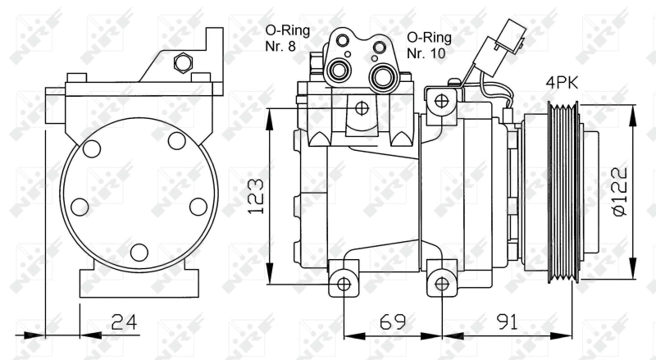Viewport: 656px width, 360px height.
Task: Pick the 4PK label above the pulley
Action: click(x=565, y=83)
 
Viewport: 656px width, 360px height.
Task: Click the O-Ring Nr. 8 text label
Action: click(x=286, y=39)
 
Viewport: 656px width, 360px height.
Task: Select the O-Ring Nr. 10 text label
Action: click(x=429, y=45)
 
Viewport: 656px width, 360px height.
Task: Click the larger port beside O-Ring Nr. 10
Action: click(x=380, y=77)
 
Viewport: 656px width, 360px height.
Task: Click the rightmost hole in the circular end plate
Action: click(x=198, y=206)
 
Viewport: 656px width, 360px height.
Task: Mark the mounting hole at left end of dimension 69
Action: click(x=344, y=284)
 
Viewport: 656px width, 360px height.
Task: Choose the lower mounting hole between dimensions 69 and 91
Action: click(x=443, y=284)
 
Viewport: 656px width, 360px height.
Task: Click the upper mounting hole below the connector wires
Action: click(x=443, y=101)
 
